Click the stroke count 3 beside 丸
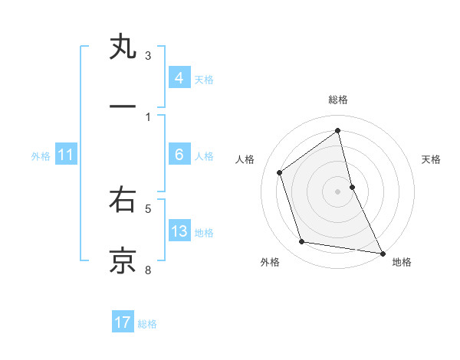click(x=148, y=56)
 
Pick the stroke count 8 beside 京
click(x=148, y=269)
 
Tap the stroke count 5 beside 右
click(x=148, y=208)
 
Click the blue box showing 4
click(x=179, y=78)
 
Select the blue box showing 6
click(x=179, y=155)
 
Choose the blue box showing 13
click(x=179, y=231)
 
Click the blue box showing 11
click(x=65, y=155)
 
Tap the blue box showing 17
click(x=123, y=322)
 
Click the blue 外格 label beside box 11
click(x=41, y=156)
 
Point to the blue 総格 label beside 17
click(x=147, y=324)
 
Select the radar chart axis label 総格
click(x=338, y=100)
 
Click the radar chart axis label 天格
click(x=432, y=159)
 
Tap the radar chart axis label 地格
click(x=402, y=262)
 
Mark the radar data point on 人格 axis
click(x=280, y=172)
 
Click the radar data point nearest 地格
click(x=382, y=252)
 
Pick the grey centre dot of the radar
click(x=338, y=191)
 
